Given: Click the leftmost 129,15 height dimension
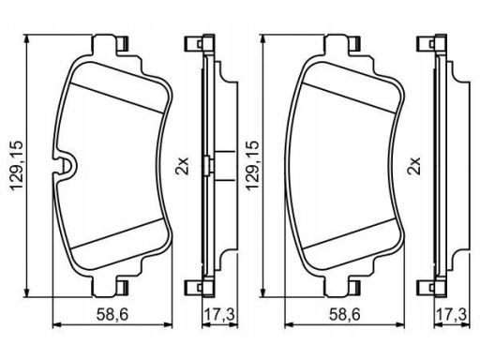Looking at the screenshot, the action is (x=17, y=165).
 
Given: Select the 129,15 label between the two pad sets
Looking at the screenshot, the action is (x=252, y=165).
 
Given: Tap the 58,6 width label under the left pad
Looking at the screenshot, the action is (x=112, y=314).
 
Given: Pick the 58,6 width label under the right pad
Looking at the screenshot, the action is (x=345, y=314).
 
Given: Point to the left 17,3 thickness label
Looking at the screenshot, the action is (x=219, y=314).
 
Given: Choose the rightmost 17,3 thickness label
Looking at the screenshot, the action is (x=452, y=314).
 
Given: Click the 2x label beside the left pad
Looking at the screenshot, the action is (x=183, y=166).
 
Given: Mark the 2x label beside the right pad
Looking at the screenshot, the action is (x=415, y=166).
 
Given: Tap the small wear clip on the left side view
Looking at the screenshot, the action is (x=208, y=165).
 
